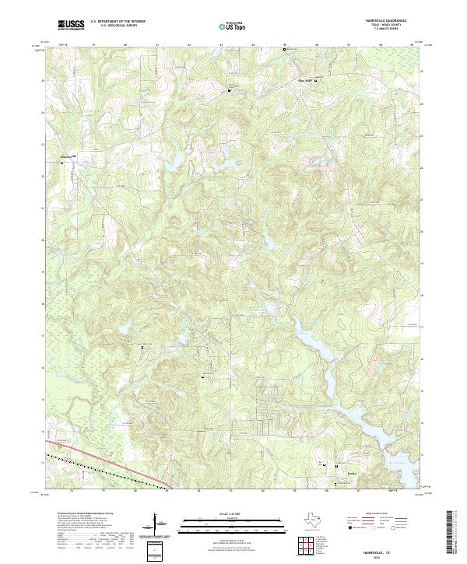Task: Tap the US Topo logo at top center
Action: [x=233, y=26]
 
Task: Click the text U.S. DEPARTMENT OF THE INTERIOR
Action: [x=118, y=21]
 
